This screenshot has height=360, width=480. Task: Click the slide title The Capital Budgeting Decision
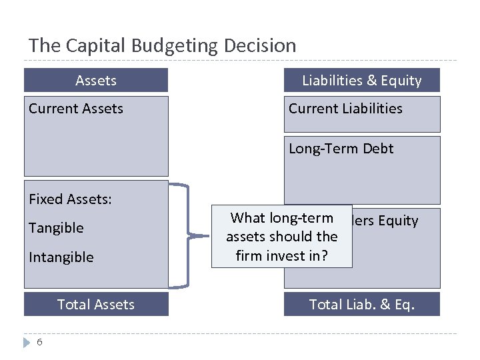[x=162, y=46]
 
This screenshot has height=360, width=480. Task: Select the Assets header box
[x=96, y=81]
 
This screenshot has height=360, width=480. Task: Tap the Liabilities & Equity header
[x=361, y=81]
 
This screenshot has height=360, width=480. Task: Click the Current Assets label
[x=76, y=109]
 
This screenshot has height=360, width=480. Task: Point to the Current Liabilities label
[x=345, y=109]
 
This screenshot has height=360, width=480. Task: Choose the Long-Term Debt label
[x=341, y=149]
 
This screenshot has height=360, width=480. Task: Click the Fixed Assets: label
[x=70, y=199]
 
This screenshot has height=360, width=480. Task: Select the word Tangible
[x=56, y=228]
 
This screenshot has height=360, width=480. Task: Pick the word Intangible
[x=61, y=257]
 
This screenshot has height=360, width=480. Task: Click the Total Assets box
[x=96, y=305]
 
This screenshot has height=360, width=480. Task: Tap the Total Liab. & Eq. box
[x=361, y=305]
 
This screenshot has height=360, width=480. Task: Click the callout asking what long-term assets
[x=281, y=237]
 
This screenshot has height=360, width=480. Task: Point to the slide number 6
[x=39, y=342]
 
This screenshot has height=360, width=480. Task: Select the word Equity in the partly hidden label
[x=398, y=221]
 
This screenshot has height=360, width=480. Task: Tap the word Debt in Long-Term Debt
[x=379, y=149]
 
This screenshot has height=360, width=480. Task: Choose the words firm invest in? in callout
[x=281, y=255]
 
